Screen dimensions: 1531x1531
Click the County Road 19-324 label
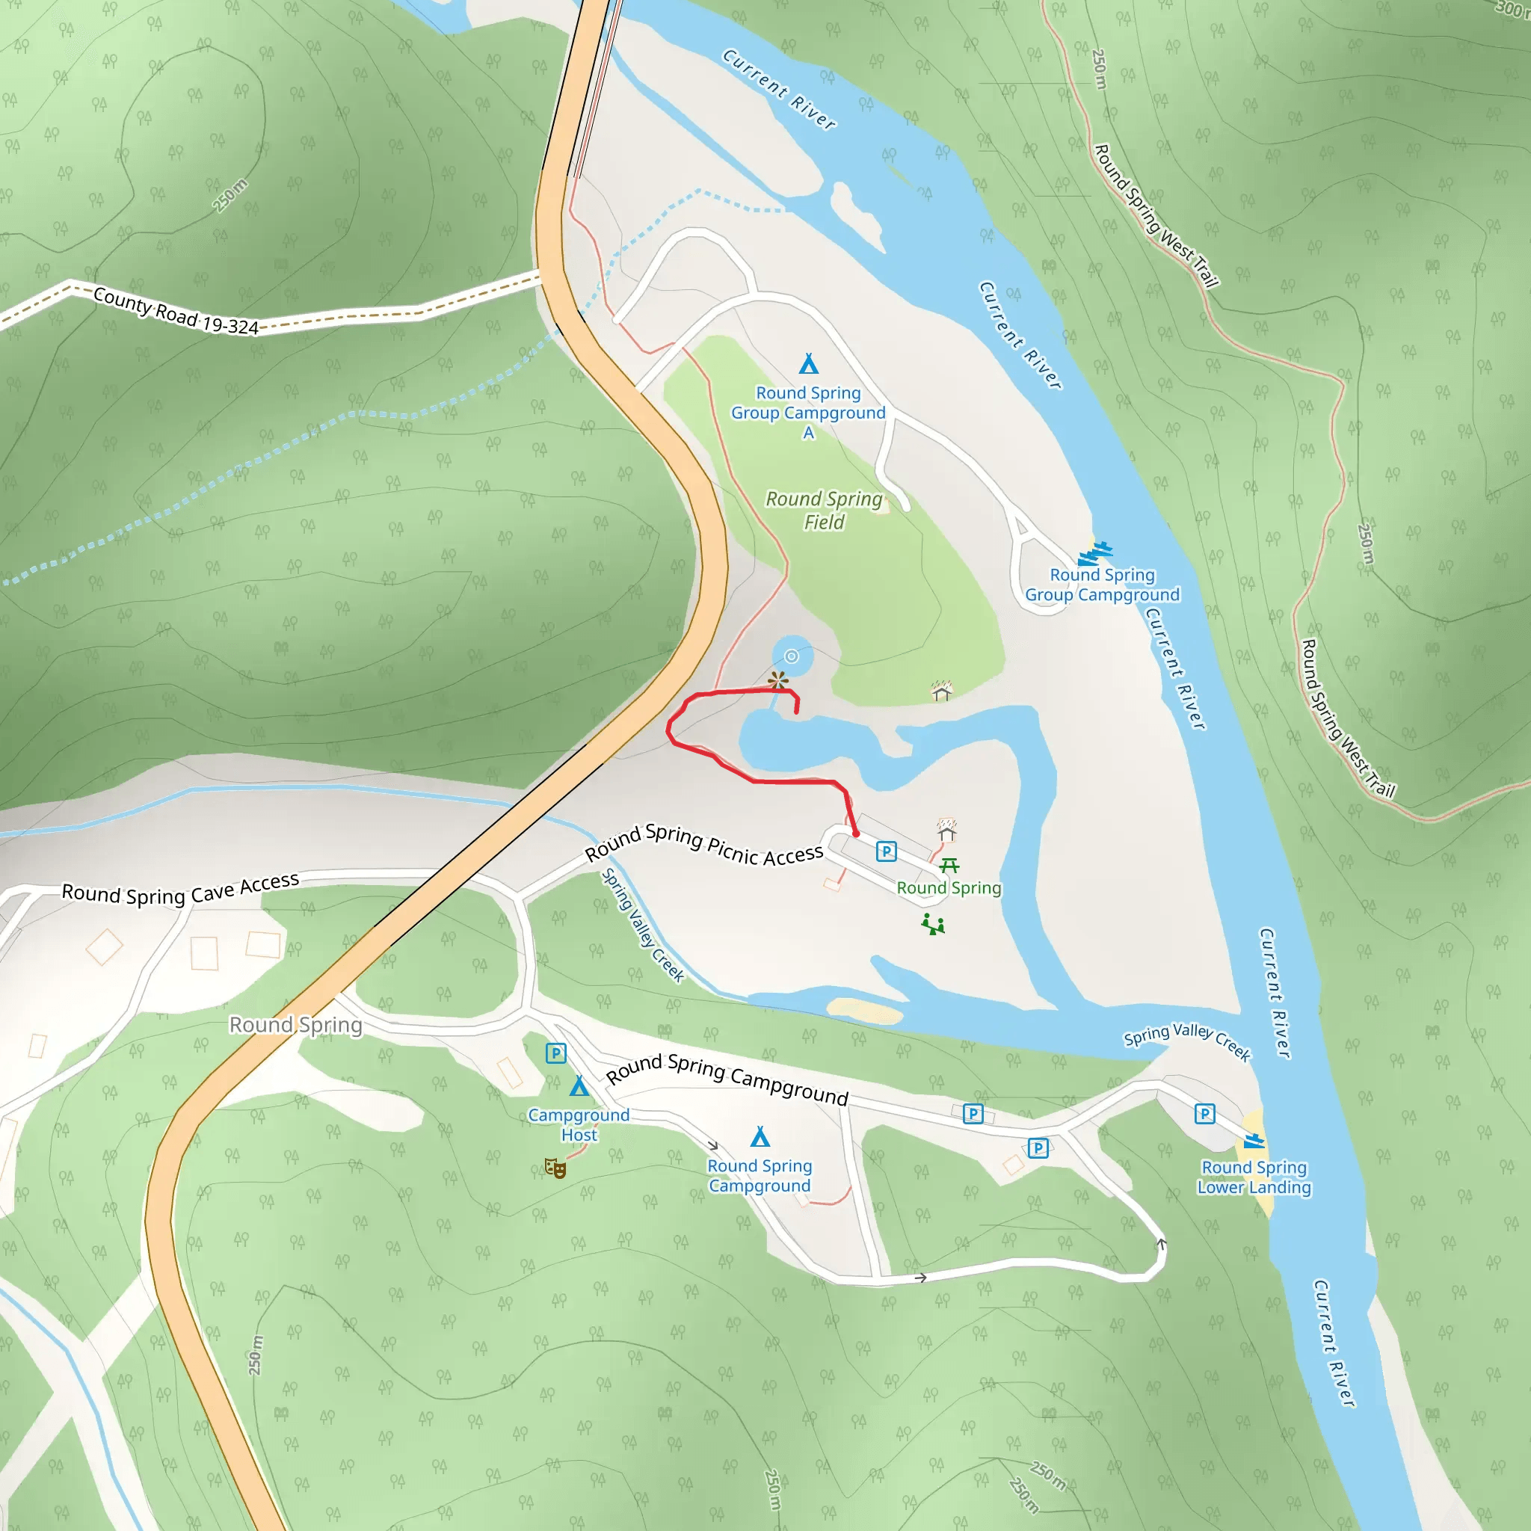pyautogui.click(x=176, y=311)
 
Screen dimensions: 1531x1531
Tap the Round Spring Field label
pyautogui.click(x=824, y=511)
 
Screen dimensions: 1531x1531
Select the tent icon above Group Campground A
pyautogui.click(x=808, y=364)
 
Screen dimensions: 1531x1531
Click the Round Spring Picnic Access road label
pyautogui.click(x=704, y=844)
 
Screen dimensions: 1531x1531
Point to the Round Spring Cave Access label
pyautogui.click(x=181, y=890)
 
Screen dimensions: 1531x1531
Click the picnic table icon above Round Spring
pyautogui.click(x=949, y=865)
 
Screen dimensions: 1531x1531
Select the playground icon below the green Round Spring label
pyautogui.click(x=933, y=924)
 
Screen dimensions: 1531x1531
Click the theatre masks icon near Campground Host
pyautogui.click(x=555, y=1168)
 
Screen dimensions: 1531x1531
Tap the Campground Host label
pyautogui.click(x=579, y=1124)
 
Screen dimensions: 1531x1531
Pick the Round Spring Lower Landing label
pyautogui.click(x=1254, y=1177)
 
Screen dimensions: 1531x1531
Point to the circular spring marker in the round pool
pyautogui.click(x=791, y=656)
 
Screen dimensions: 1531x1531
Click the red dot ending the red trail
pyautogui.click(x=856, y=834)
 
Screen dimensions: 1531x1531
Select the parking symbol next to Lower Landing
pyautogui.click(x=1204, y=1114)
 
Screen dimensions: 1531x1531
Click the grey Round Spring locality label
pyautogui.click(x=295, y=1025)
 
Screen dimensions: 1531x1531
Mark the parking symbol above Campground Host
pyautogui.click(x=555, y=1053)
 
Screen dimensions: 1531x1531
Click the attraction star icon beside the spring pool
pyautogui.click(x=778, y=681)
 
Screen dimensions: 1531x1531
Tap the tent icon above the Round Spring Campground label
pyautogui.click(x=760, y=1137)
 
